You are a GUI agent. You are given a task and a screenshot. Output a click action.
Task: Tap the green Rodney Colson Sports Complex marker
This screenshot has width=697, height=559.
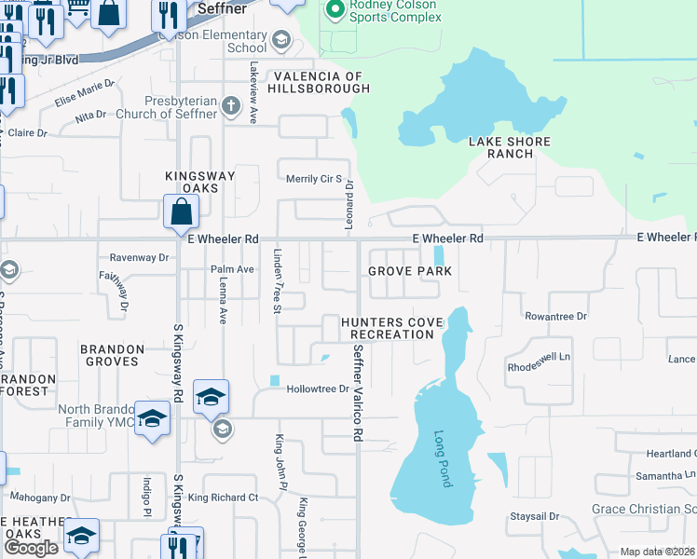coord(334,11)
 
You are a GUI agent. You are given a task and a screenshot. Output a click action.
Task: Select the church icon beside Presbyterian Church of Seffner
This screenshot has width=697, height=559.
coord(231,105)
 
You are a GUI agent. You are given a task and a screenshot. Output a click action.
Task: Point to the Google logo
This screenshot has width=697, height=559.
coord(31,547)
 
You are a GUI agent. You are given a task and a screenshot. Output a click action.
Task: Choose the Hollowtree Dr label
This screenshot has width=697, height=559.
coord(317,389)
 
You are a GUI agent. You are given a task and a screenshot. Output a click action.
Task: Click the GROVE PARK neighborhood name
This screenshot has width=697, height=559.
coord(409,271)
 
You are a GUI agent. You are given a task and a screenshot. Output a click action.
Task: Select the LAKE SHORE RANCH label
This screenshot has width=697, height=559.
coord(510,147)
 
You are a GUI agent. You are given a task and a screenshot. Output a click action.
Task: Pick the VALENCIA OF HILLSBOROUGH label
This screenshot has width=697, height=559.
coord(320,82)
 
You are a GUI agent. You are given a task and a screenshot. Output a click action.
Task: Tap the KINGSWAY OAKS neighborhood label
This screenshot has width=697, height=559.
coord(192,182)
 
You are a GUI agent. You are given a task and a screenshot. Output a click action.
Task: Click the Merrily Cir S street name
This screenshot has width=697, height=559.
coord(314,179)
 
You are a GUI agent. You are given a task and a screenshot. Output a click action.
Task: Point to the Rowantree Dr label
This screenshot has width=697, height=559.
coord(555,316)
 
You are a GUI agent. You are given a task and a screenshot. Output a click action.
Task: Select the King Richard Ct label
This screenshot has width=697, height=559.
coord(223,498)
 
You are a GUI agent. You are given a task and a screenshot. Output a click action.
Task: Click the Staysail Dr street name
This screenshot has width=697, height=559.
coord(534,515)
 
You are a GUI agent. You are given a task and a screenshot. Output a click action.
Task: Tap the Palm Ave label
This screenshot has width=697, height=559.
coord(233,269)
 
